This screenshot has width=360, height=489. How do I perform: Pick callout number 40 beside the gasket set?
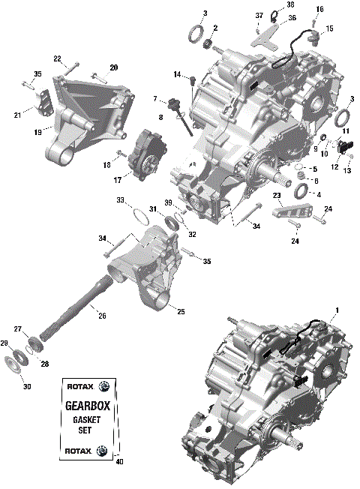pyautogui.click(x=119, y=461)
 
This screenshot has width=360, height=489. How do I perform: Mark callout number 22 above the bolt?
pyautogui.click(x=57, y=59)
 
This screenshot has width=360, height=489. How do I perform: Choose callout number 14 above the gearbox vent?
pyautogui.click(x=178, y=74)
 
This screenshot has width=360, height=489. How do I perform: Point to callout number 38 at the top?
pyautogui.click(x=290, y=4)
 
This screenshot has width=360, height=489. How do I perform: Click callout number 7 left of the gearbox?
pyautogui.click(x=154, y=99)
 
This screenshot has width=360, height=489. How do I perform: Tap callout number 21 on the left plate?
pyautogui.click(x=17, y=114)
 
